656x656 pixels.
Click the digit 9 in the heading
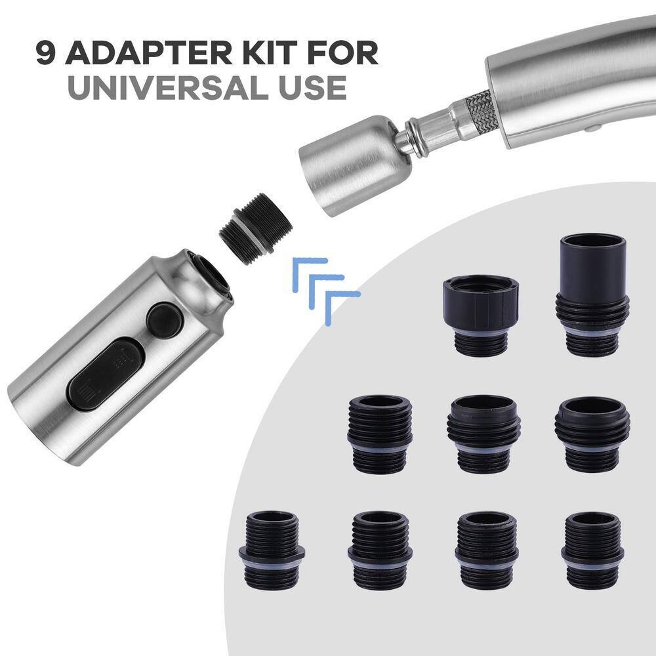click(46, 52)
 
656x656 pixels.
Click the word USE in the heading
click(312, 87)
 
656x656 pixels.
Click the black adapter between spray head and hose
click(256, 229)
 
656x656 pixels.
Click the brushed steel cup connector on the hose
click(355, 165)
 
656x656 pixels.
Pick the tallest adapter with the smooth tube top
click(593, 295)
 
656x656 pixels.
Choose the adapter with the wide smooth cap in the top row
click(481, 316)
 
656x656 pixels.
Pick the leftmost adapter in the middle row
click(380, 434)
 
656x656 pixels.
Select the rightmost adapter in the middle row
click(592, 434)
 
